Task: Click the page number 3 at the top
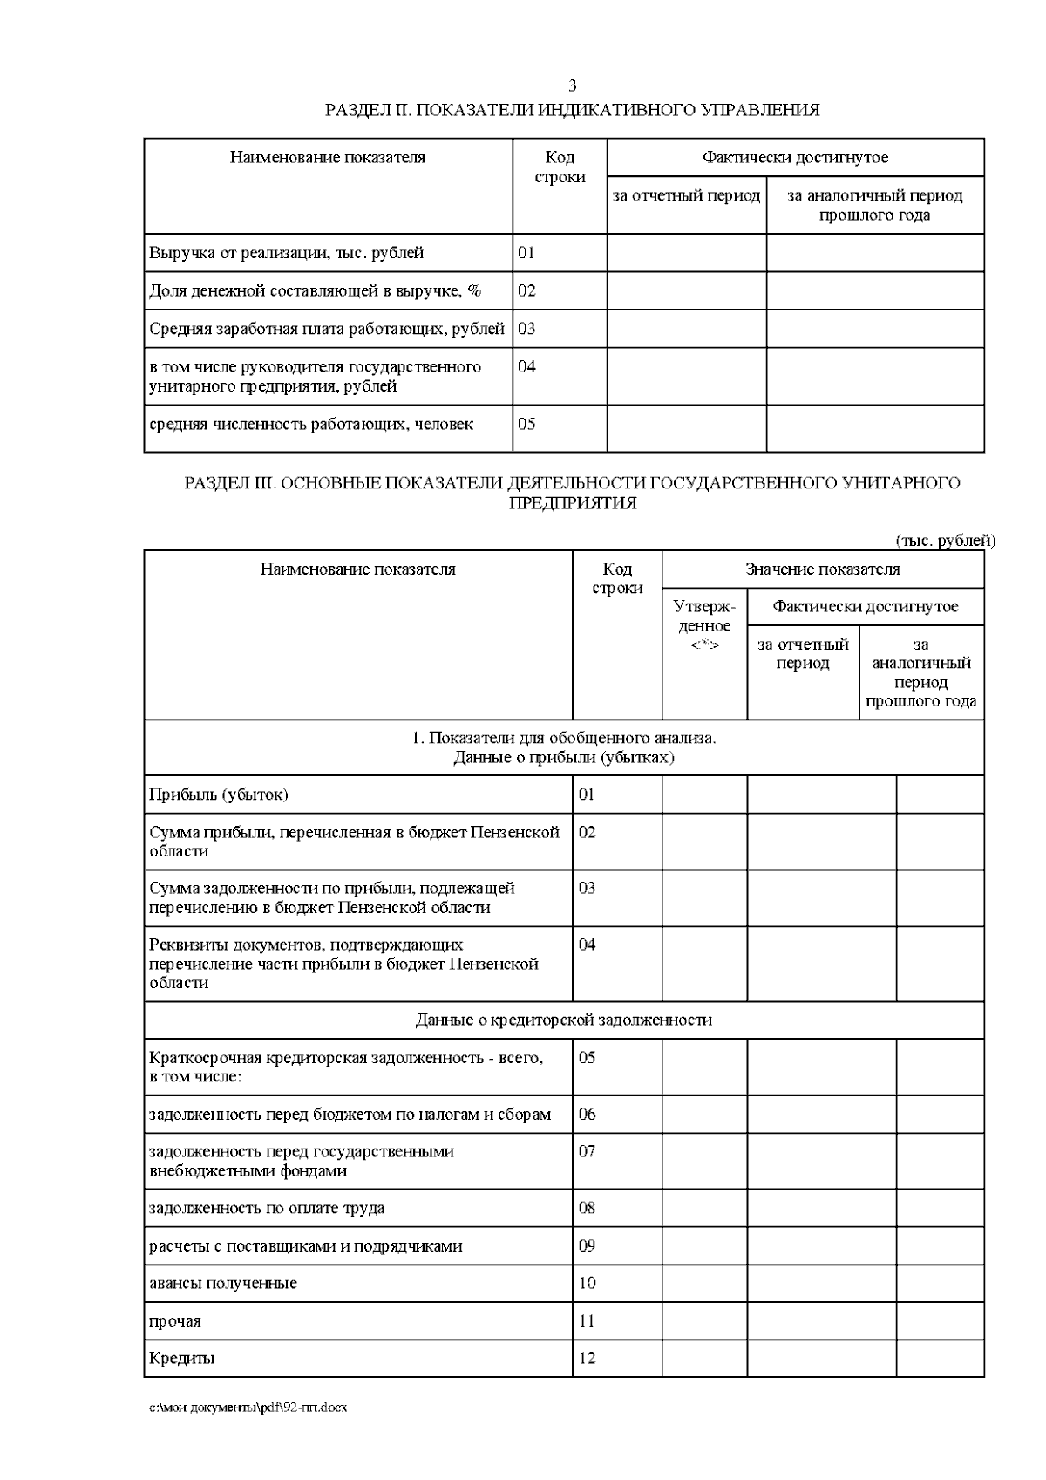pyautogui.click(x=572, y=85)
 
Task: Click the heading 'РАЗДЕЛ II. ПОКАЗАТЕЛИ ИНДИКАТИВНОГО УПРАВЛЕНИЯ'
pyautogui.click(x=572, y=110)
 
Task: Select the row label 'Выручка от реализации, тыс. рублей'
pyautogui.click(x=287, y=253)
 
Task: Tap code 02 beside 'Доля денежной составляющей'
pyautogui.click(x=526, y=290)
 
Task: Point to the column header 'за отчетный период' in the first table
pyautogui.click(x=686, y=195)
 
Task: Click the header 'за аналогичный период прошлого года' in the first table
pyautogui.click(x=874, y=205)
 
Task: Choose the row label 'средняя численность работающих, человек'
pyautogui.click(x=311, y=425)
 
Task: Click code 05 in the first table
pyautogui.click(x=526, y=425)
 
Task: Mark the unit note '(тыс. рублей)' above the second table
pyautogui.click(x=945, y=541)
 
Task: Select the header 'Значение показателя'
pyautogui.click(x=822, y=569)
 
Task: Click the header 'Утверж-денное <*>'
pyautogui.click(x=704, y=625)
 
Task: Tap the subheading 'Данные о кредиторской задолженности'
pyautogui.click(x=563, y=1020)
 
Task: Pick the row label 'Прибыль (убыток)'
pyautogui.click(x=219, y=795)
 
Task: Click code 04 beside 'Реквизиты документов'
pyautogui.click(x=588, y=945)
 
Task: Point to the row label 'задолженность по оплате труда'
pyautogui.click(x=267, y=1208)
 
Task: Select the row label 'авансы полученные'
pyautogui.click(x=223, y=1283)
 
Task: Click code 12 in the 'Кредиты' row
pyautogui.click(x=588, y=1358)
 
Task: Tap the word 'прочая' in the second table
pyautogui.click(x=175, y=1321)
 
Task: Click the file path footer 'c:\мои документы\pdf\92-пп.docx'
pyautogui.click(x=248, y=1408)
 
